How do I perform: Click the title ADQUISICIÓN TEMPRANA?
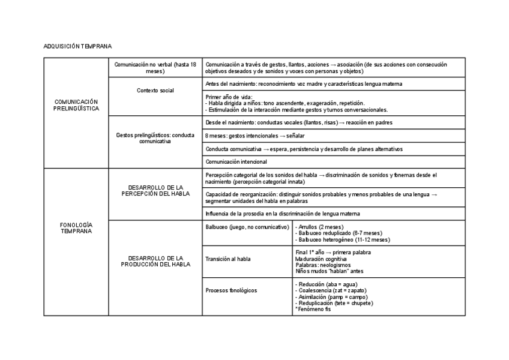tap(77, 46)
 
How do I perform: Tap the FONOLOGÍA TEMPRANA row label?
tap(76, 227)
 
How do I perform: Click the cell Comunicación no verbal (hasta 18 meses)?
tap(155, 67)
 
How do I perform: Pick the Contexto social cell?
tap(155, 90)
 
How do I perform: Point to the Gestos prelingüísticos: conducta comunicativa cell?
tap(155, 138)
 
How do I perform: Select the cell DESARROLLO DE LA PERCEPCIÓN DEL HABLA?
tap(155, 191)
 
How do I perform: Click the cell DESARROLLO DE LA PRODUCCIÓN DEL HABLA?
tap(155, 261)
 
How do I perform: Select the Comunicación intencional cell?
tap(236, 161)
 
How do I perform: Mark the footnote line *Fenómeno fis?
tap(313, 309)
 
